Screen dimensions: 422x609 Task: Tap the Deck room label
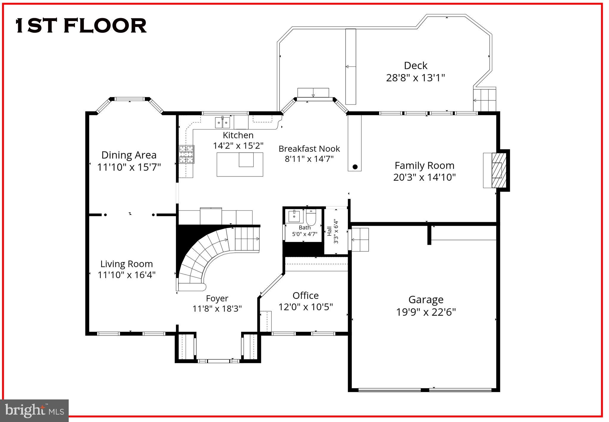(x=415, y=66)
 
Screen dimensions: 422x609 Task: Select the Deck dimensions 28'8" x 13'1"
(x=415, y=78)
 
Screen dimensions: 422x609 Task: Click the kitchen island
(x=240, y=164)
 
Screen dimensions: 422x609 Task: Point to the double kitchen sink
(x=222, y=122)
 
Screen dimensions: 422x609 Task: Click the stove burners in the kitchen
(x=186, y=154)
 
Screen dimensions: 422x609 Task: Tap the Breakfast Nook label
(x=309, y=148)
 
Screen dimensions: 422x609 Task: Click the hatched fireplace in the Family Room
(x=497, y=170)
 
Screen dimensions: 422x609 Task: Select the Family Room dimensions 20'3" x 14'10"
(x=424, y=177)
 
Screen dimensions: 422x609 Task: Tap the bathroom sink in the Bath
(x=294, y=216)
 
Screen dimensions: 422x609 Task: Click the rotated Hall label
(x=329, y=231)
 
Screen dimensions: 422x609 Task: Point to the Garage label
(x=426, y=299)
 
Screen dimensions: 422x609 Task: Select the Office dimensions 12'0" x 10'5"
(x=305, y=307)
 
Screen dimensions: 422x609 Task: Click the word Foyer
(x=217, y=298)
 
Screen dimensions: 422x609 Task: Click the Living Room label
(x=127, y=264)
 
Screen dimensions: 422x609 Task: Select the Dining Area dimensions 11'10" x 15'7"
(x=129, y=167)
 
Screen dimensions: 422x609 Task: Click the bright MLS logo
(x=34, y=410)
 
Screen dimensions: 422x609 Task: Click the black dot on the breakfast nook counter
(x=355, y=167)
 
